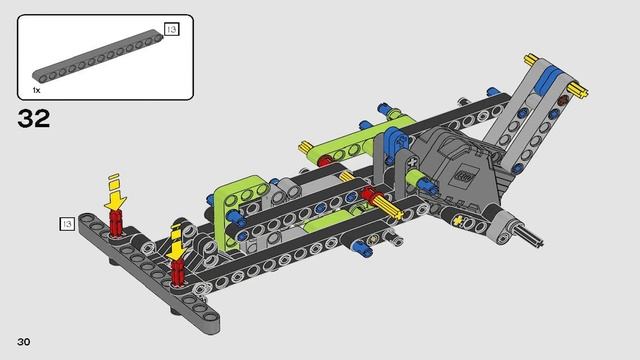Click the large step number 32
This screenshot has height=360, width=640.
[32, 118]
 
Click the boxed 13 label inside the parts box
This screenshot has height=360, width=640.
[170, 31]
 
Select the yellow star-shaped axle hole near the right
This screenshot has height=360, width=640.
[458, 220]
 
